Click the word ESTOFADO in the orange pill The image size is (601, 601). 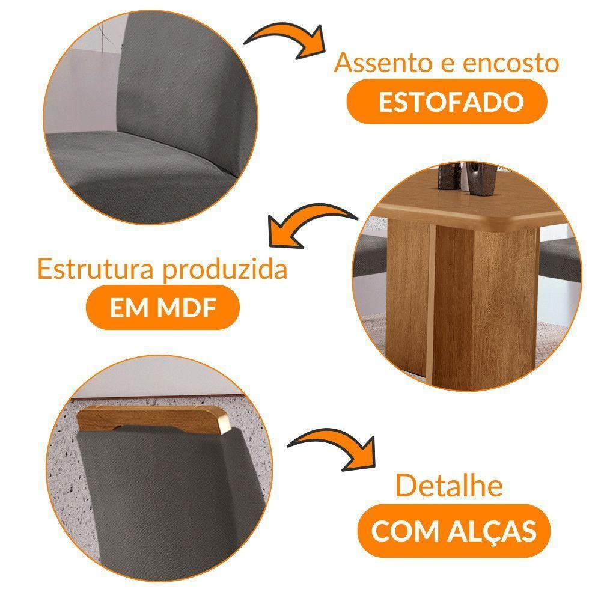click(x=451, y=103)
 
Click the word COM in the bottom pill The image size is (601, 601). click(x=403, y=531)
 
